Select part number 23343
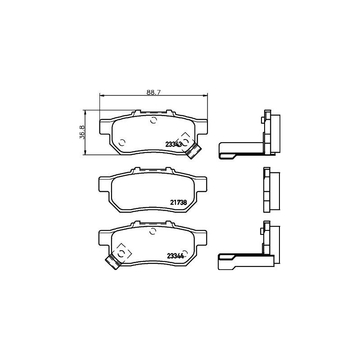(x=174, y=144)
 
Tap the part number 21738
(x=178, y=202)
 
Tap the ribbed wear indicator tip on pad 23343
(x=194, y=150)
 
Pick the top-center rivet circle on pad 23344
(x=153, y=231)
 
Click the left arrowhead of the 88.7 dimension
(x=101, y=95)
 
